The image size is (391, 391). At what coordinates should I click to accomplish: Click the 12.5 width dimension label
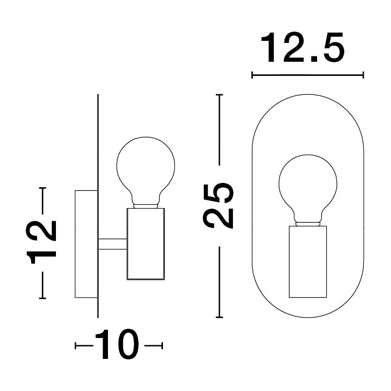pyautogui.click(x=302, y=47)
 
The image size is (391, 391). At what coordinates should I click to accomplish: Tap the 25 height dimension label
pyautogui.click(x=219, y=206)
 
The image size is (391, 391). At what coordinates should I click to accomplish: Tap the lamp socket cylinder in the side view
pyautogui.click(x=145, y=244)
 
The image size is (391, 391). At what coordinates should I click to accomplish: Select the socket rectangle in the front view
pyautogui.click(x=308, y=262)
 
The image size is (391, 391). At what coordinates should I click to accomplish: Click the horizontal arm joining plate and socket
pyautogui.click(x=113, y=244)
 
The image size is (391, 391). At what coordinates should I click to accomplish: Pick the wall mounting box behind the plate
pyautogui.click(x=86, y=244)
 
